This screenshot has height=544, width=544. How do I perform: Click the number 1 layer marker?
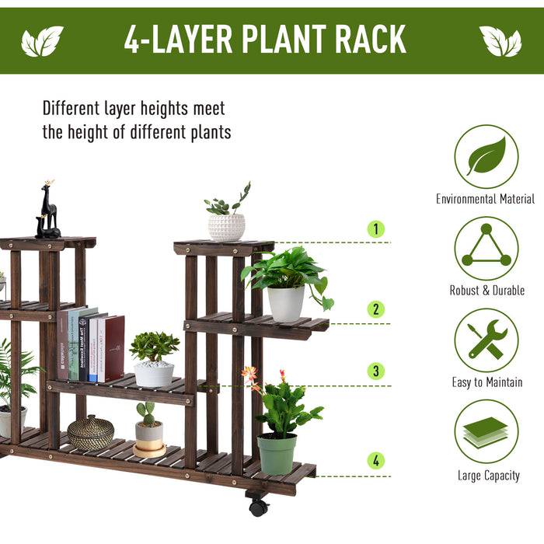tap(376, 229)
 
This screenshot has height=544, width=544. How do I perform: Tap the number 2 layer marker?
tap(376, 309)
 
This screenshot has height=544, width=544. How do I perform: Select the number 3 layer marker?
tap(376, 371)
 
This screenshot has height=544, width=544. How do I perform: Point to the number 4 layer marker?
tap(376, 461)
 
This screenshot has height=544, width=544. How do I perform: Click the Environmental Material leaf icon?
tap(486, 156)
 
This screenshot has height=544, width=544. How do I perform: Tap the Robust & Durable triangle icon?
tap(486, 248)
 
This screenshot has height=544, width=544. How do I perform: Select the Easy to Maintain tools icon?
tap(486, 340)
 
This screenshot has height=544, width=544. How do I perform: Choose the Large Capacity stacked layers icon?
tap(486, 432)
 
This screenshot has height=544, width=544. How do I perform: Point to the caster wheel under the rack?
tap(258, 507)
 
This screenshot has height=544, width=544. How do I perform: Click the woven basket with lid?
tap(90, 432)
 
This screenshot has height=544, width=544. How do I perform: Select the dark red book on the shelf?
tap(114, 348)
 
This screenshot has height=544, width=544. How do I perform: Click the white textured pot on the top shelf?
tap(226, 227)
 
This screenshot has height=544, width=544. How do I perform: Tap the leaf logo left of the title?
tap(42, 41)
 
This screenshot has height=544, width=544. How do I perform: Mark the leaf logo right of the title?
tap(500, 41)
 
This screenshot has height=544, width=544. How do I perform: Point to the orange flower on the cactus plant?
tap(249, 374)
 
